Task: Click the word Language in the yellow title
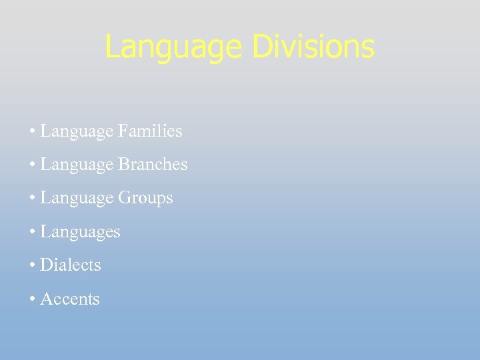(175, 47)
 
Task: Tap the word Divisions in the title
(313, 47)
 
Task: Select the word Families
(150, 131)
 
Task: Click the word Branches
(153, 164)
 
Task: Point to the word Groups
(145, 198)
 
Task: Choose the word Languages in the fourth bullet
(80, 232)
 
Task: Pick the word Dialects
(70, 265)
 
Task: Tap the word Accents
(69, 299)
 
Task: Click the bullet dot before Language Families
(32, 131)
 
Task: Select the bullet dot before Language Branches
(32, 165)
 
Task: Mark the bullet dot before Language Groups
(32, 199)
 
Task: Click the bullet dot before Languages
(32, 232)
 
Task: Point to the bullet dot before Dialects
(32, 265)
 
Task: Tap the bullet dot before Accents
(32, 299)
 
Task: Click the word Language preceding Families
(77, 131)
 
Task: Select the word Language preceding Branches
(77, 165)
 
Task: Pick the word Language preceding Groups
(77, 199)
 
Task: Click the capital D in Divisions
(262, 47)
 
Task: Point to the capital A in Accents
(45, 299)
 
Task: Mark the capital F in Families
(122, 131)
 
